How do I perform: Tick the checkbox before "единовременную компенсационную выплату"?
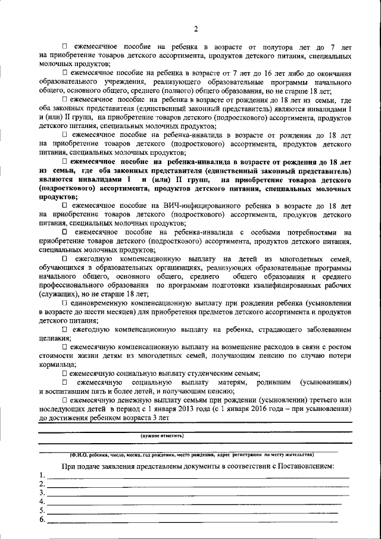65,303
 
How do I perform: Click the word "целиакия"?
55,338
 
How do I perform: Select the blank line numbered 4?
196,504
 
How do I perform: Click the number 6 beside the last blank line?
41,521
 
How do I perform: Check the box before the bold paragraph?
65,161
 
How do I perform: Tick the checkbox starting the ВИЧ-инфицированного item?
65,205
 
